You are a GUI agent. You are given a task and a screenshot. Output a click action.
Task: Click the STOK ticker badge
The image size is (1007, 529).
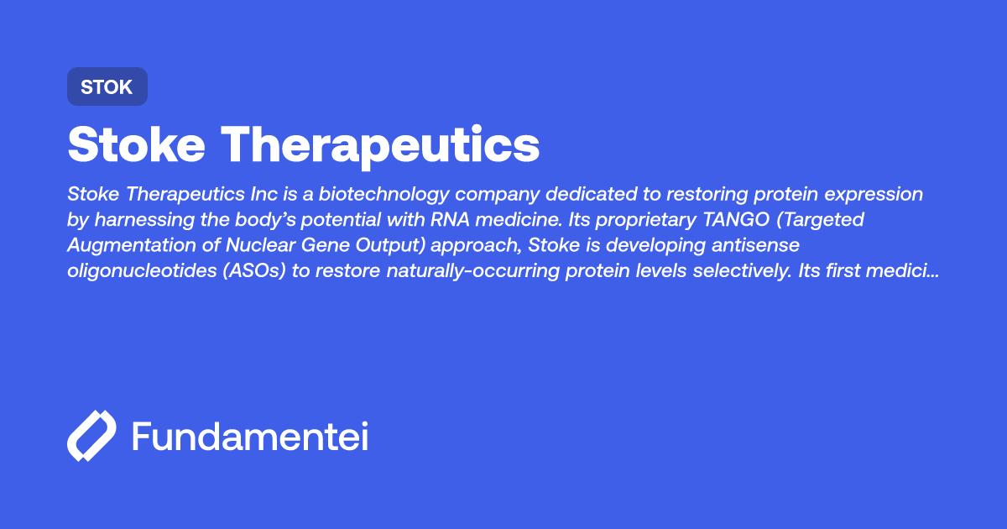(x=107, y=86)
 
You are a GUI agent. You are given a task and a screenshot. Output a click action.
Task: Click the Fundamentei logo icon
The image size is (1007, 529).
(x=91, y=437)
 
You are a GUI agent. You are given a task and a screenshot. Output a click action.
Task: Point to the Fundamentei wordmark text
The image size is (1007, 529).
(x=250, y=437)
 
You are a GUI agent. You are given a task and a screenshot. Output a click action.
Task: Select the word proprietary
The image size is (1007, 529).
(x=634, y=221)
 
